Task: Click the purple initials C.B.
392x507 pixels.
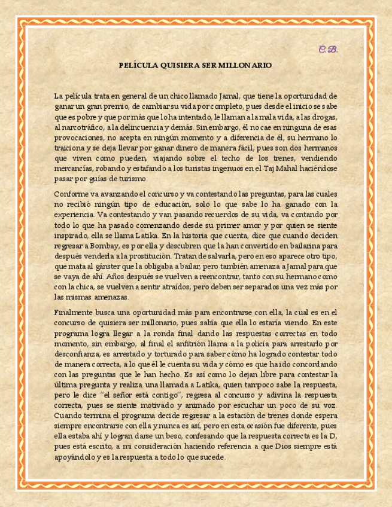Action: click(x=327, y=49)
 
